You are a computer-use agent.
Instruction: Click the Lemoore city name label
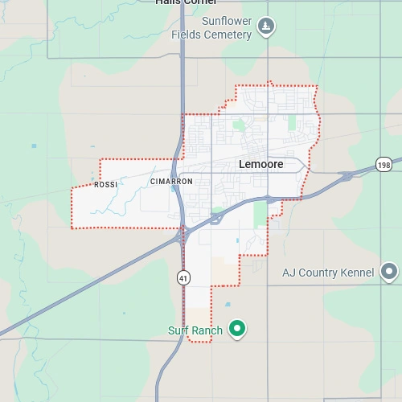261,163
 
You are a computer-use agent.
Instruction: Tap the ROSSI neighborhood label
105,185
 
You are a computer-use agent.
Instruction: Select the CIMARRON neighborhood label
171,182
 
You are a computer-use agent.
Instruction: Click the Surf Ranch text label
195,330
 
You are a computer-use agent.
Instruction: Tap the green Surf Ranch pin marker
236,328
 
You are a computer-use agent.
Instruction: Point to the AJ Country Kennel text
328,273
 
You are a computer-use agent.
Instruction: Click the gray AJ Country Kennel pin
389,272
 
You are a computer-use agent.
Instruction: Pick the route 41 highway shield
184,277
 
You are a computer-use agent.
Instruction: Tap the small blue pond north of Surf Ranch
228,305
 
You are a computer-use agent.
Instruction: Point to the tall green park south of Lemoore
259,215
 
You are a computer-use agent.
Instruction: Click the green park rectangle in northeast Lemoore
291,124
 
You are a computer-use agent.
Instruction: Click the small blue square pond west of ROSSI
34,146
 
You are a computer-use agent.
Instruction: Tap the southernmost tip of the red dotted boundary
199,342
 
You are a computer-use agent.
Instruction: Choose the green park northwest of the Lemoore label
238,125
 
